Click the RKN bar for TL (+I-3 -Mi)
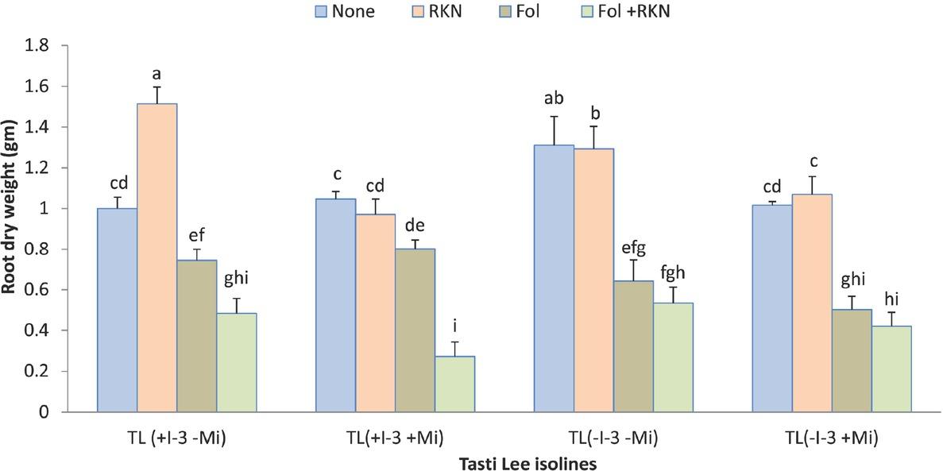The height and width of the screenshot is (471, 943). (x=157, y=257)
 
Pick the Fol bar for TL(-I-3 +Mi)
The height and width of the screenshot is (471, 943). (x=851, y=361)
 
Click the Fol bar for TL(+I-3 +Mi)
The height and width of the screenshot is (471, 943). (x=415, y=330)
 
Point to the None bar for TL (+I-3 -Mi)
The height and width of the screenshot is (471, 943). (x=117, y=310)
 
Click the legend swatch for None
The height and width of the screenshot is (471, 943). (x=321, y=12)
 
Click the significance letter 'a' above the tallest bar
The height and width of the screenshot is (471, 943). (x=157, y=74)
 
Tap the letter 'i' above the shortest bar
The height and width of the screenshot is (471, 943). (x=454, y=328)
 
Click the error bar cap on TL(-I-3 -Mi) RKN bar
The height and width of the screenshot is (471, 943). (x=593, y=125)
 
